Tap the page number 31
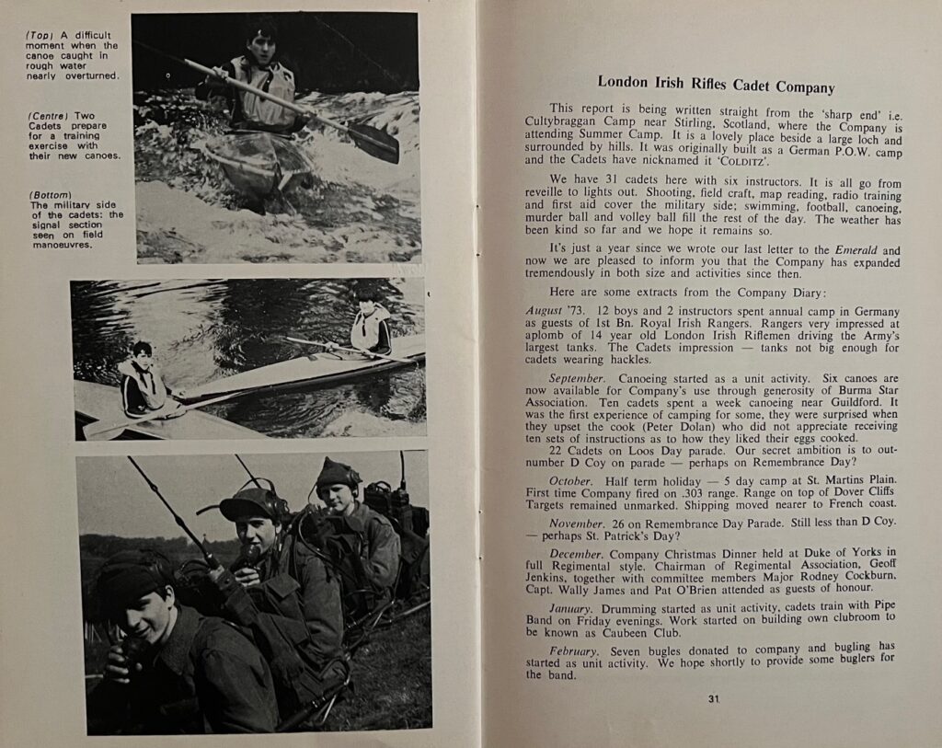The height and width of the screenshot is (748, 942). pyautogui.click(x=713, y=699)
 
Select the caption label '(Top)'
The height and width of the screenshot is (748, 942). pyautogui.click(x=41, y=34)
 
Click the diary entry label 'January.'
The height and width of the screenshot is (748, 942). pyautogui.click(x=573, y=608)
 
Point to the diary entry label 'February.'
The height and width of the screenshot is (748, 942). pyautogui.click(x=575, y=650)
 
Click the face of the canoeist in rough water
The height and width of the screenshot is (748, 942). pyautogui.click(x=262, y=43)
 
